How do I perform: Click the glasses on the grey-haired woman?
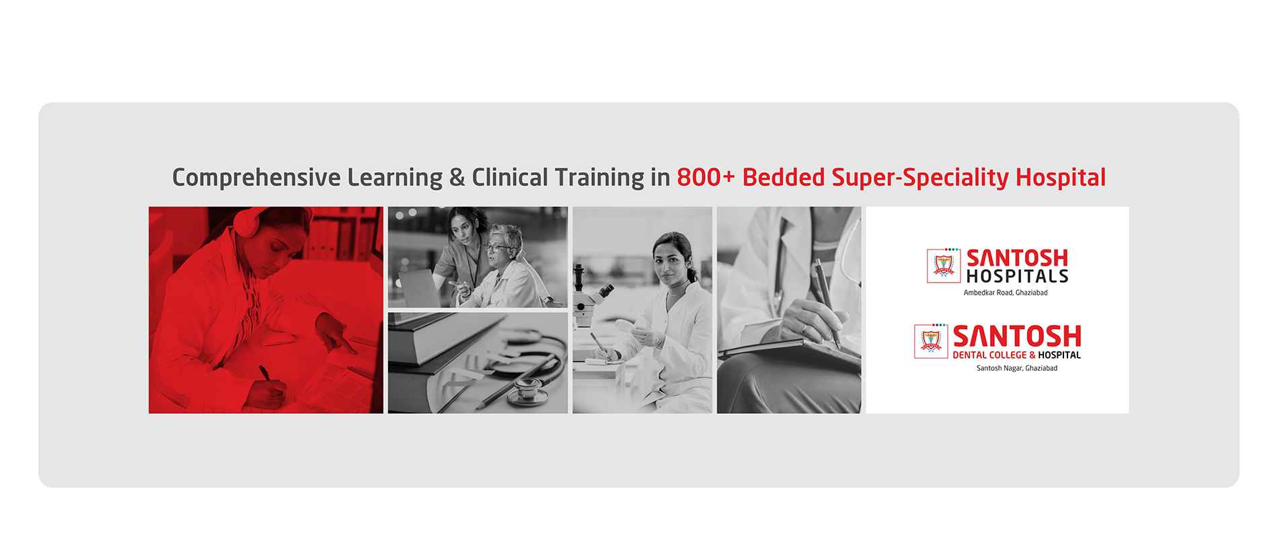(x=498, y=249)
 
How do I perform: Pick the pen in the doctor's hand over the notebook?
(x=828, y=302)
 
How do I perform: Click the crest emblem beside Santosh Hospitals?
(x=944, y=266)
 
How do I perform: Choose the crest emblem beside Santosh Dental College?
(x=931, y=341)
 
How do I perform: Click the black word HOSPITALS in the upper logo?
(x=1017, y=276)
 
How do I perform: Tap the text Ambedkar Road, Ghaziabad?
(x=1006, y=293)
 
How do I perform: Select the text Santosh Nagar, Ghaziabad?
(x=1017, y=368)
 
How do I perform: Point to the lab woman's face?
(x=666, y=258)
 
